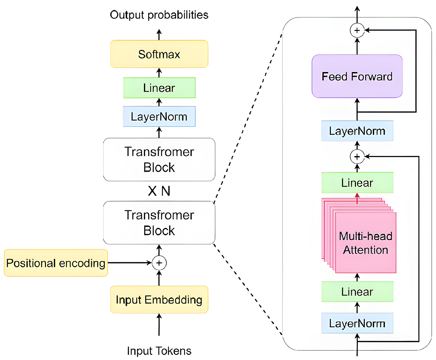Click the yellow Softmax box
click(x=159, y=54)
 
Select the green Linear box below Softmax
click(x=159, y=88)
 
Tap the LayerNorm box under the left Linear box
click(x=159, y=116)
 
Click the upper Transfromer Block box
click(x=159, y=159)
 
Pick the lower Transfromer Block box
click(x=159, y=223)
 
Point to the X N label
click(x=159, y=191)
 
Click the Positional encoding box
click(x=56, y=263)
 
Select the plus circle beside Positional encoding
click(x=159, y=263)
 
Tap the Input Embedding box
click(x=159, y=300)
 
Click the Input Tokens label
click(x=159, y=351)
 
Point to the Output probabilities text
click(x=159, y=15)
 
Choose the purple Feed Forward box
click(x=357, y=76)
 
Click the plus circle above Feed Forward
click(x=357, y=31)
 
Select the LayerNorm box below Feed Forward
click(x=357, y=131)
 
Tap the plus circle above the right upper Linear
click(x=357, y=156)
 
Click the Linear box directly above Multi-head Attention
click(x=357, y=183)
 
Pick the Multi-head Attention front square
click(x=366, y=243)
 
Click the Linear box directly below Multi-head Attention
click(x=357, y=292)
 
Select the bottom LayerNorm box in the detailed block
click(x=357, y=323)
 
